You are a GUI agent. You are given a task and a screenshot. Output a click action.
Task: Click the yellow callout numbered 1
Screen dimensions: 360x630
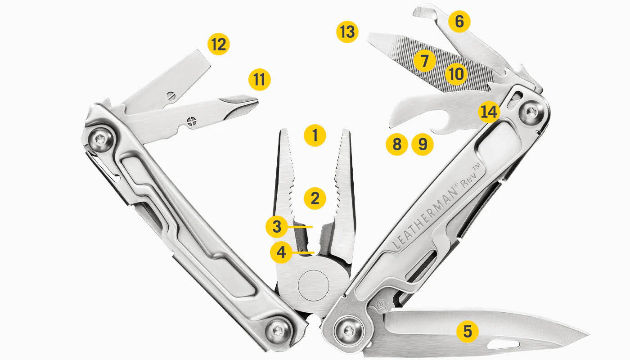coord(315,135)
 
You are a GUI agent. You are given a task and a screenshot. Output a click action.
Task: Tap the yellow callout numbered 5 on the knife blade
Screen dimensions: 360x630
coord(468,332)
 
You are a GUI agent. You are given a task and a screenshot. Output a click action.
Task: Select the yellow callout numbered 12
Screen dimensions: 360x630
coord(219,45)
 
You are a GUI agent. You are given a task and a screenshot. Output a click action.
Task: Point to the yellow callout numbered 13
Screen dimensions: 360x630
coord(347,32)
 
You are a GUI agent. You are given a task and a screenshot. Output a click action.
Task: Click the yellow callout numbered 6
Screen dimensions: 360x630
coord(459,22)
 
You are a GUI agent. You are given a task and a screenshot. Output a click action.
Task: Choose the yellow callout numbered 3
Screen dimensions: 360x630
coord(276,227)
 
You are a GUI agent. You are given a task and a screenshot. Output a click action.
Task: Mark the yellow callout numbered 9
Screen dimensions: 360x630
coord(423,144)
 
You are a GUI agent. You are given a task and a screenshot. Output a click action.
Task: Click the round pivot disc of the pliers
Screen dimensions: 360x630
coord(314,285)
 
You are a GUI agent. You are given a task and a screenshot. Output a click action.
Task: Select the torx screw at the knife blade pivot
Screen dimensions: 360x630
coord(348,332)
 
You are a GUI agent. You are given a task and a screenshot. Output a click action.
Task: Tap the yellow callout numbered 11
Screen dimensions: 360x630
coord(260,80)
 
